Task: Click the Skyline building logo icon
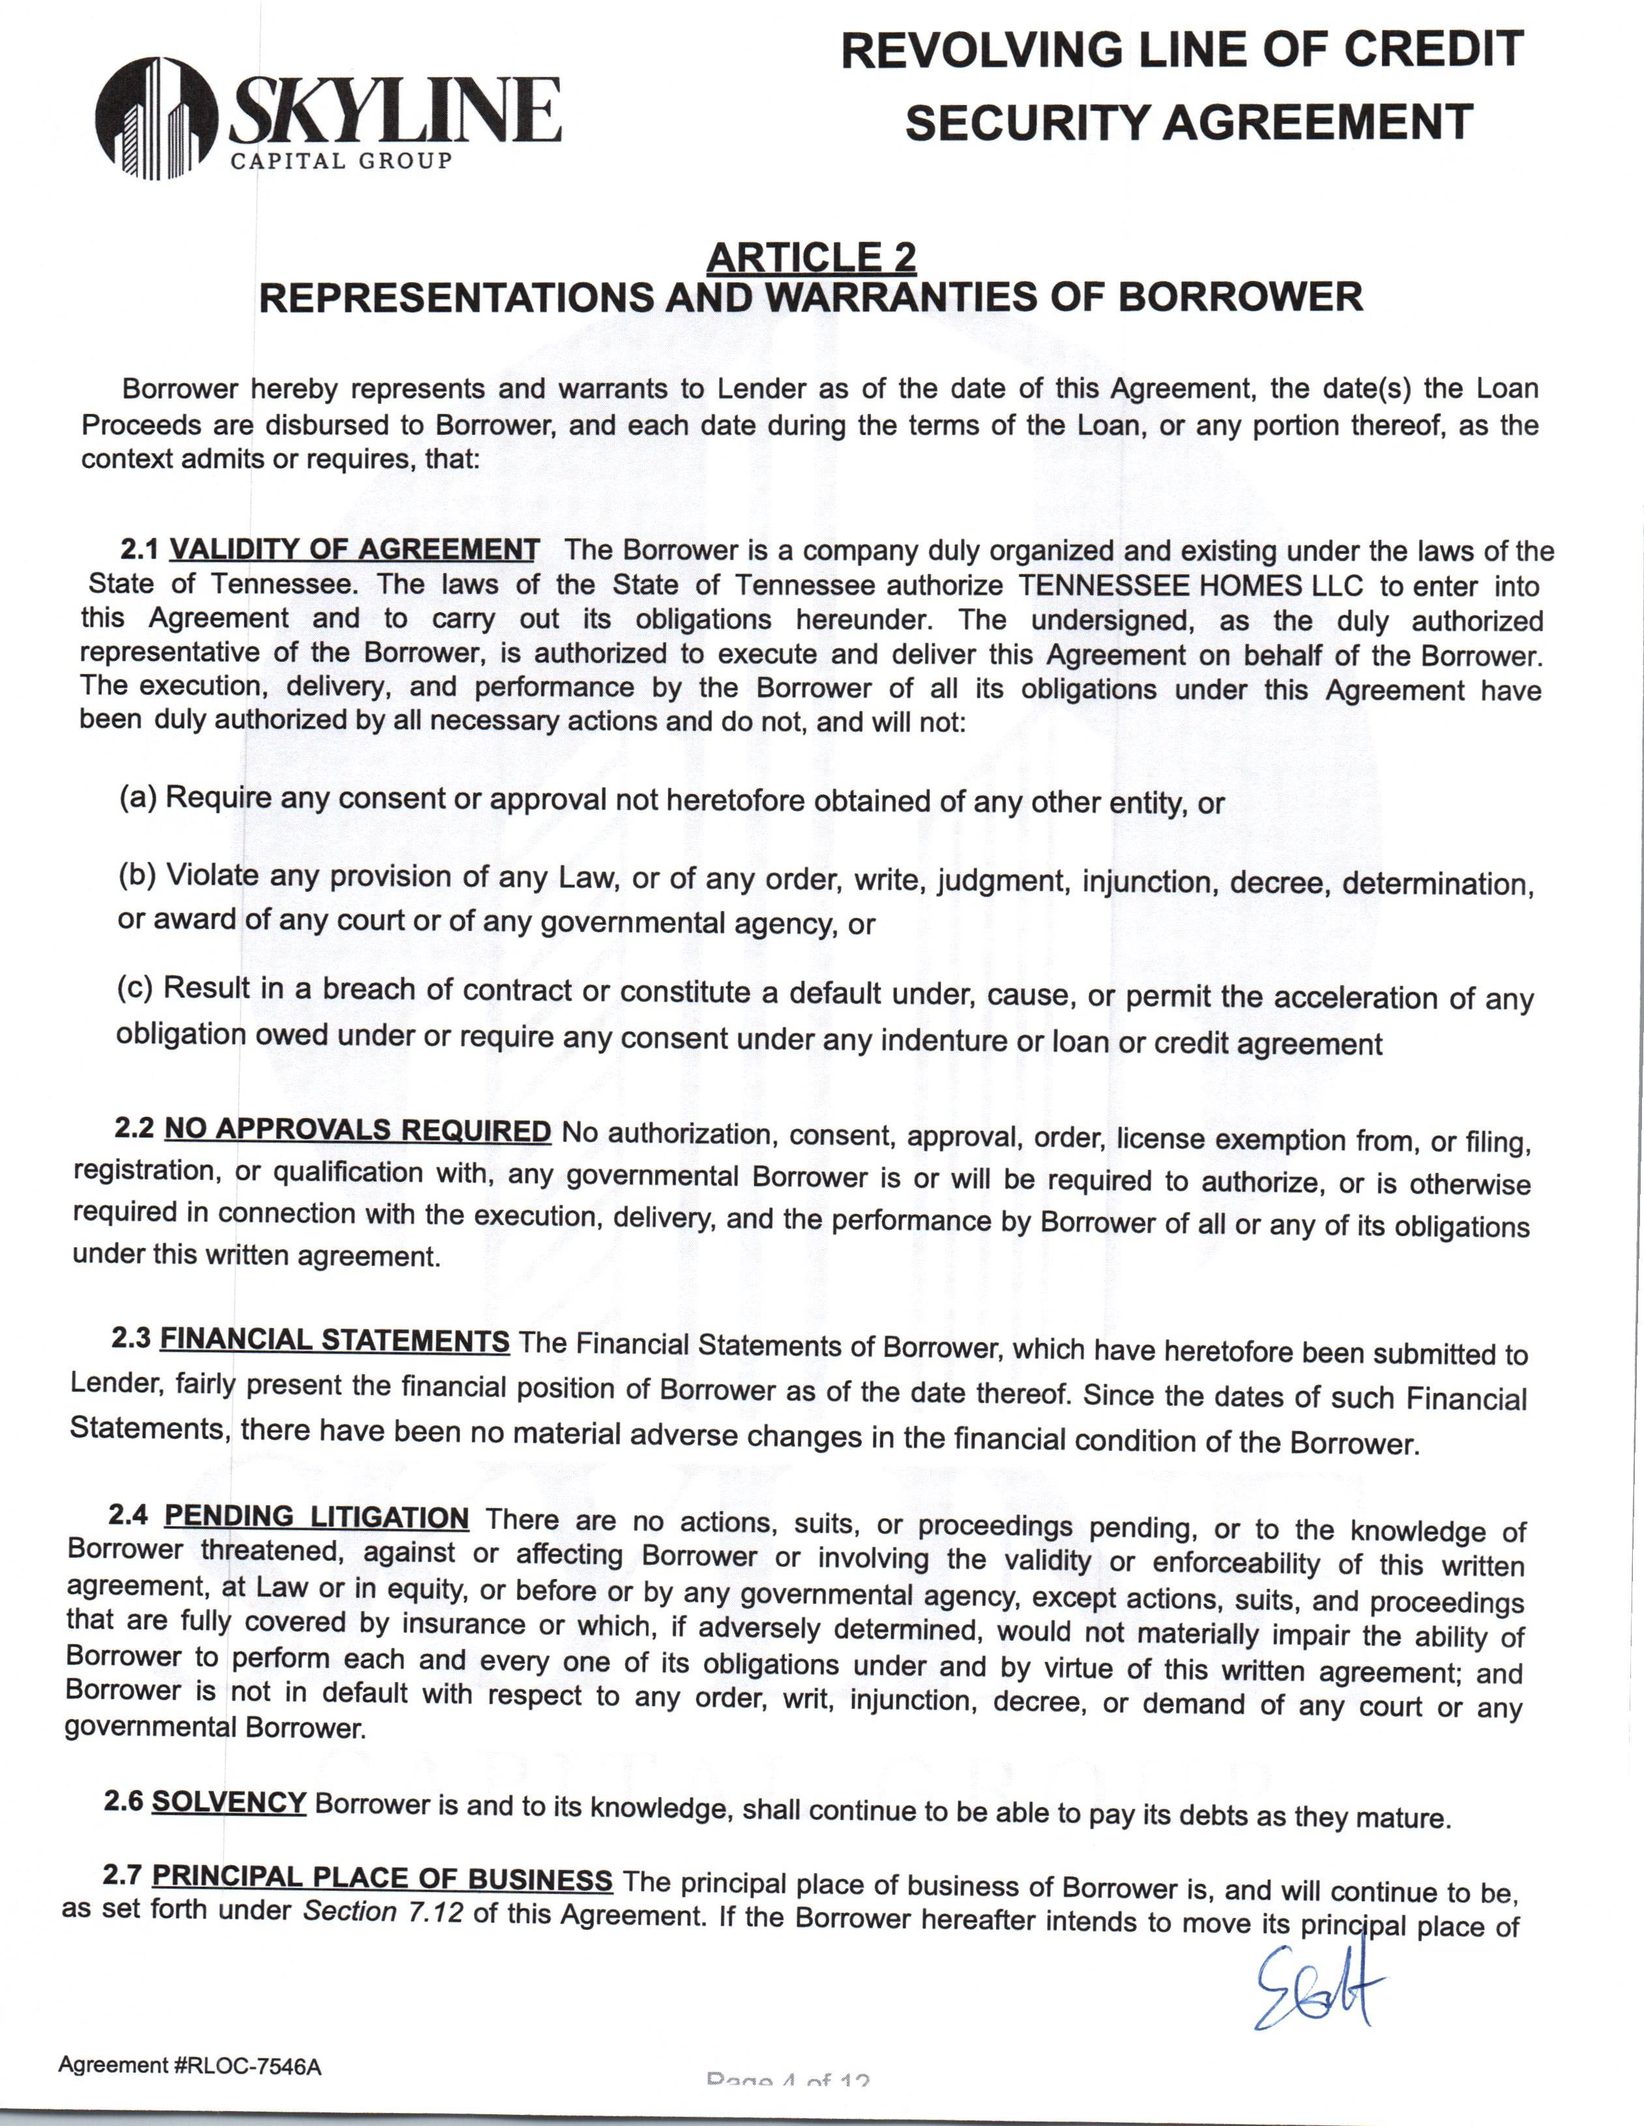pyautogui.click(x=156, y=119)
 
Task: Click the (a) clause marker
pyautogui.click(x=138, y=797)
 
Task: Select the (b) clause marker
pyautogui.click(x=138, y=874)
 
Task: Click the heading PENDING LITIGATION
pyautogui.click(x=316, y=1516)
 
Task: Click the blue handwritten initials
pyautogui.click(x=1319, y=1986)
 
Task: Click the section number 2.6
pyautogui.click(x=124, y=1800)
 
